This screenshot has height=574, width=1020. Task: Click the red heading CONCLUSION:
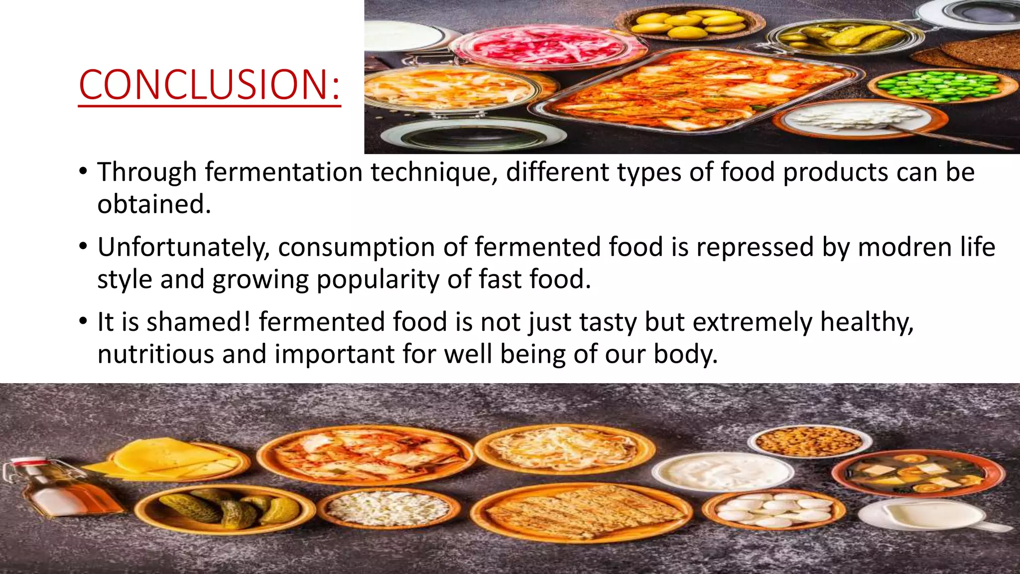pyautogui.click(x=209, y=85)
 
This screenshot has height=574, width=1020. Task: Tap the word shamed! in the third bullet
pyautogui.click(x=199, y=322)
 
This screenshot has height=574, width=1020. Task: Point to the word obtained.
pyautogui.click(x=154, y=204)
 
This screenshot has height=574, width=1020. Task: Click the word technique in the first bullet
pyautogui.click(x=433, y=172)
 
